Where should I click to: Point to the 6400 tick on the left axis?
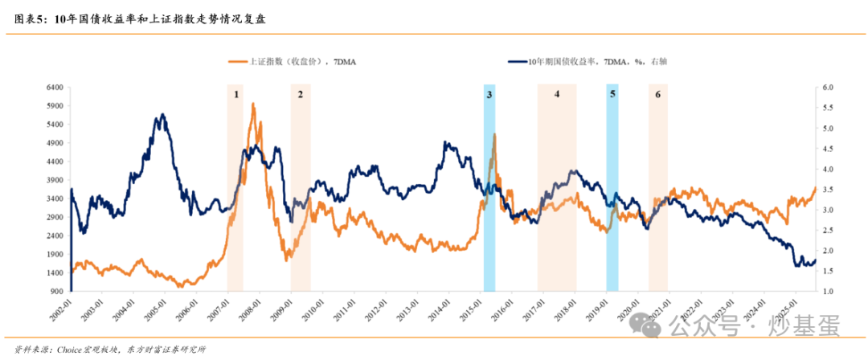click(x=55, y=87)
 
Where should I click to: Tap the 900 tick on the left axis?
click(x=58, y=291)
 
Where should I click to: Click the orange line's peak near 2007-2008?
click(x=253, y=104)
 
